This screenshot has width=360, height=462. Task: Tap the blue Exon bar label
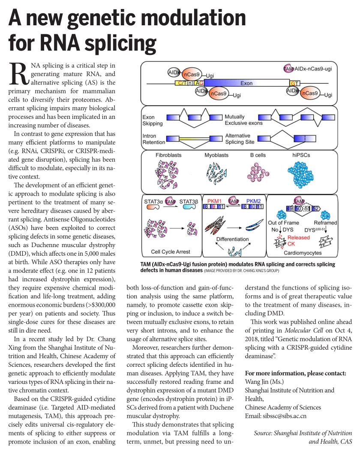(x=246, y=83)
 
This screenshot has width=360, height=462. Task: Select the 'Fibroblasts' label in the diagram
(x=170, y=155)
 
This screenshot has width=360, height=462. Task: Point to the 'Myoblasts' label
(x=216, y=155)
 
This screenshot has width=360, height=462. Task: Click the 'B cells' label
(x=258, y=155)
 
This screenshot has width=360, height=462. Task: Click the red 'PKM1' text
(x=214, y=200)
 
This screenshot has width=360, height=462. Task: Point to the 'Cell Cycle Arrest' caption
(x=171, y=252)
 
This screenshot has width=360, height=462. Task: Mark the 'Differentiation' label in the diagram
(x=232, y=239)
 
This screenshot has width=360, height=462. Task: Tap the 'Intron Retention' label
(x=153, y=139)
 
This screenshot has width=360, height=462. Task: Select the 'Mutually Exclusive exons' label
(x=243, y=120)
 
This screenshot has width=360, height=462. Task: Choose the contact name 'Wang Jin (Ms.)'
(x=264, y=382)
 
